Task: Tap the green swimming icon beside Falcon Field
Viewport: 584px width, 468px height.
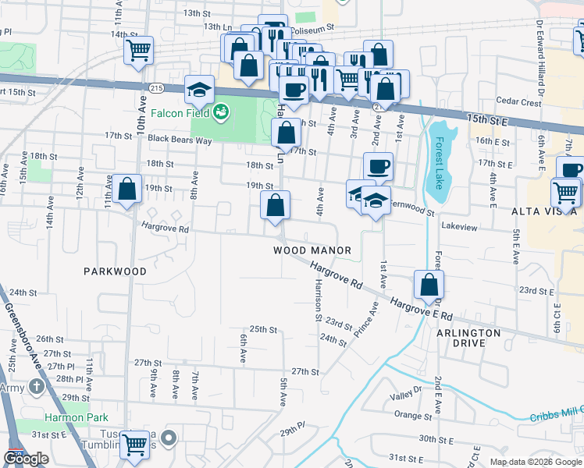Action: point(223,112)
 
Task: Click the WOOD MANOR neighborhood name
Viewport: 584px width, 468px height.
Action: point(312,250)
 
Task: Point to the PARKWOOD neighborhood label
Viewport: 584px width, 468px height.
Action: point(116,271)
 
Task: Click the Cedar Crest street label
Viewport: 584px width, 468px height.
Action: point(518,102)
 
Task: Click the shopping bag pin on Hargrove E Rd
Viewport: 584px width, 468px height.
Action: point(429,285)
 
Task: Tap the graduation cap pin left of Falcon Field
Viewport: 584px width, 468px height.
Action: point(199,90)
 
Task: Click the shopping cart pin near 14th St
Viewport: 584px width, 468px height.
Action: point(138,50)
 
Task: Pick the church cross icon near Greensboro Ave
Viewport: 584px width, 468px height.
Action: point(37,387)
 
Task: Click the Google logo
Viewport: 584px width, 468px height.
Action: point(27,459)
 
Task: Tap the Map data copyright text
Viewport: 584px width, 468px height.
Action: point(535,462)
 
